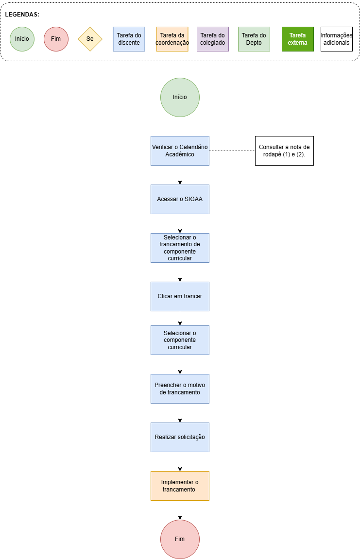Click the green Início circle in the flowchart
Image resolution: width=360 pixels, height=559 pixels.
pyautogui.click(x=180, y=97)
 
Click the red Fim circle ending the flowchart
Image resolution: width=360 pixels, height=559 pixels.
pyautogui.click(x=180, y=539)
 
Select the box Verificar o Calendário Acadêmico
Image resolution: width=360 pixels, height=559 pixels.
pyautogui.click(x=180, y=151)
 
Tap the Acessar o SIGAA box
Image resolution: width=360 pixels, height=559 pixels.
pyautogui.click(x=180, y=199)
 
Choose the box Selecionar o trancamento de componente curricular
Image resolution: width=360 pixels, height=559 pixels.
pyautogui.click(x=180, y=248)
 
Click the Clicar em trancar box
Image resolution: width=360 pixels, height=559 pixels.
pyautogui.click(x=180, y=296)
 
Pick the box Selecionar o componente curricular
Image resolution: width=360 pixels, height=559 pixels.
pyautogui.click(x=180, y=340)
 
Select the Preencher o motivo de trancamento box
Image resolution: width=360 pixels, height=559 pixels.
pyautogui.click(x=180, y=389)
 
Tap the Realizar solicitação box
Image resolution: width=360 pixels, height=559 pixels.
pyautogui.click(x=180, y=437)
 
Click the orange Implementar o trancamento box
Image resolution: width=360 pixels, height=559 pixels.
pyautogui.click(x=180, y=486)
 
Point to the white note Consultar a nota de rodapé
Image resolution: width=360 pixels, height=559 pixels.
pyautogui.click(x=284, y=151)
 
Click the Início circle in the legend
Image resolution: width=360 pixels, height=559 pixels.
pyautogui.click(x=22, y=39)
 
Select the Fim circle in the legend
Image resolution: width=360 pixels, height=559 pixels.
pyautogui.click(x=56, y=39)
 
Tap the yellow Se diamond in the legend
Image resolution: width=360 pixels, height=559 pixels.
pyautogui.click(x=90, y=39)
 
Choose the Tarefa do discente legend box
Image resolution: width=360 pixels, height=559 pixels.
pyautogui.click(x=129, y=39)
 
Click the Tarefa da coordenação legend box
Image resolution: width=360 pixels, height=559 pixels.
pyautogui.click(x=172, y=39)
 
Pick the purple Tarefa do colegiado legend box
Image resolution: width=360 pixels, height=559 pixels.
pyautogui.click(x=212, y=39)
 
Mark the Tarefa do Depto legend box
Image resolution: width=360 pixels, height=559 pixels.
pyautogui.click(x=254, y=39)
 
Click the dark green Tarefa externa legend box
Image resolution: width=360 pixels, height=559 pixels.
pyautogui.click(x=297, y=39)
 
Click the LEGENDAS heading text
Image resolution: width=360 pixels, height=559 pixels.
pyautogui.click(x=22, y=15)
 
